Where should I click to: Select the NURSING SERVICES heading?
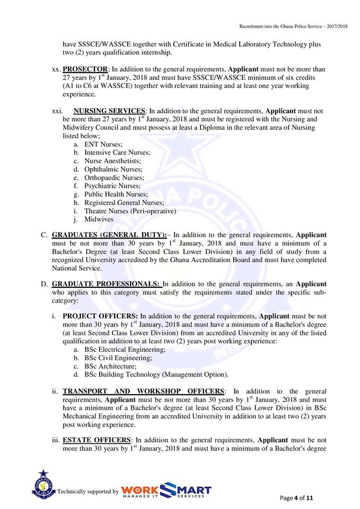coord(109,111)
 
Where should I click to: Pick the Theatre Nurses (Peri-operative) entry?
coord(130,211)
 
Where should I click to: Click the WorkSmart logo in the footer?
coord(166,490)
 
